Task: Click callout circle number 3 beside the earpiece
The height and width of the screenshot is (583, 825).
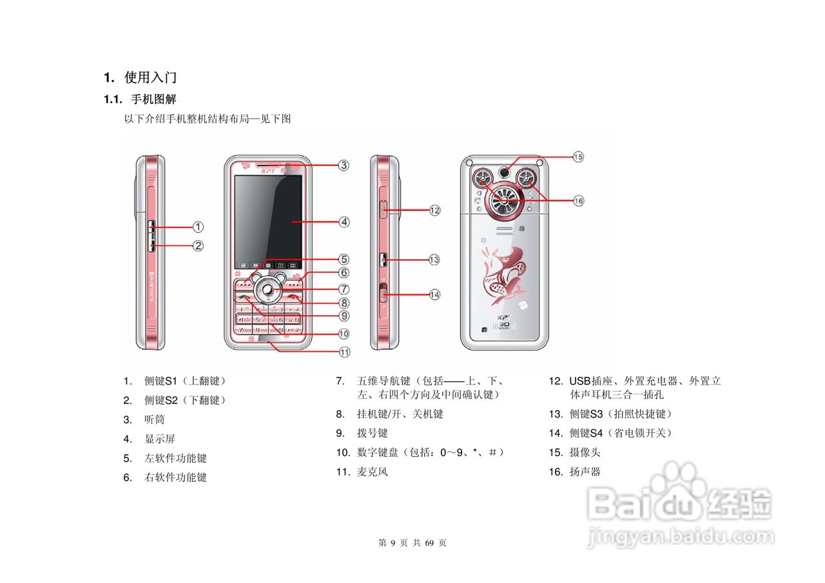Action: tap(344, 165)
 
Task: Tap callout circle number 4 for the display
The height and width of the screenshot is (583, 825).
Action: tap(345, 222)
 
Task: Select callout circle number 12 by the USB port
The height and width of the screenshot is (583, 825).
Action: tap(435, 210)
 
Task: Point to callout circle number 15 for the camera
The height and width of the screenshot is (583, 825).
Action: tap(578, 157)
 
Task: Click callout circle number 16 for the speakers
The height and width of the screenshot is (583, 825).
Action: tap(578, 201)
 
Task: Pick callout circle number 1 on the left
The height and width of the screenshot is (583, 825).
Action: tap(199, 227)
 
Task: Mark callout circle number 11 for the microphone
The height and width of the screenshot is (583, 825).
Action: tap(345, 352)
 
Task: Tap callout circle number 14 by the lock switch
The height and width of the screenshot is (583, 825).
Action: tap(435, 294)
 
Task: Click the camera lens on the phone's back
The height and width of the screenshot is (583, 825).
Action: tap(506, 172)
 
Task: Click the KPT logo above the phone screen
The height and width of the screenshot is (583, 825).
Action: tap(269, 170)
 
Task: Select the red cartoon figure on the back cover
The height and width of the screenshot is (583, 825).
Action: tap(503, 274)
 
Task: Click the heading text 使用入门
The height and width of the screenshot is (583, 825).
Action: tap(150, 78)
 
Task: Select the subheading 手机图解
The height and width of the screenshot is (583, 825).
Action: tap(153, 100)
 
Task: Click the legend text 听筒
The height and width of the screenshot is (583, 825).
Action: tap(155, 420)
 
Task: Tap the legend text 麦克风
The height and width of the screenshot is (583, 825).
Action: tap(373, 472)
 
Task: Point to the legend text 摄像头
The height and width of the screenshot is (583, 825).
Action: tap(585, 453)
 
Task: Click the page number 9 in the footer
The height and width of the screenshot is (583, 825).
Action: tap(393, 543)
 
